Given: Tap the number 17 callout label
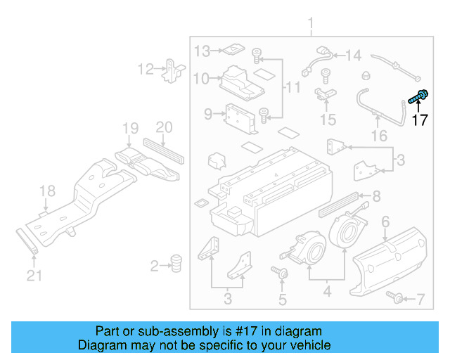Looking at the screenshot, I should click(x=419, y=120).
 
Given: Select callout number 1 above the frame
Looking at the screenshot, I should click(x=311, y=27).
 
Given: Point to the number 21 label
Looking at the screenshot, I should click(x=34, y=276).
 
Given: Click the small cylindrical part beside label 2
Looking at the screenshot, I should click(x=176, y=263).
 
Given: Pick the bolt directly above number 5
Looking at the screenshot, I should click(x=281, y=272).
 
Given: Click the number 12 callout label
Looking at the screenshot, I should click(x=146, y=69).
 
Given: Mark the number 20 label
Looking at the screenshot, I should click(x=163, y=127).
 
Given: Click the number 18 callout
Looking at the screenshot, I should click(x=46, y=191).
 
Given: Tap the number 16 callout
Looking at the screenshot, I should click(x=379, y=135).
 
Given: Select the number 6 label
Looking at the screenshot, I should click(x=385, y=222).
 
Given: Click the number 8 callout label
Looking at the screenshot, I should click(x=376, y=196).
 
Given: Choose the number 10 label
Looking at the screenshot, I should click(x=202, y=79).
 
